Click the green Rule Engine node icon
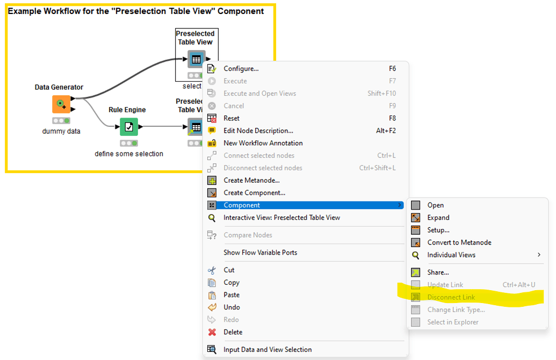coord(128,127)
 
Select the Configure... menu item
coord(241,69)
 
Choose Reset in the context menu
coord(232,118)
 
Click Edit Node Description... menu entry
coord(258,131)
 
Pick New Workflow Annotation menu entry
coord(263,143)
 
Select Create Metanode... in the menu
coord(251,181)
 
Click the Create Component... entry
coord(254,193)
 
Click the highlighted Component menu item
coord(242,205)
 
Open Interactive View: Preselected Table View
coord(281,218)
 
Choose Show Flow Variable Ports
coord(260,253)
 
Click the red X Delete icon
coord(212,332)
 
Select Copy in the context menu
coord(232,283)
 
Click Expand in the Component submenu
coord(438,218)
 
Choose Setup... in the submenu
coord(438,230)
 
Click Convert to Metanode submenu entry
coord(459,242)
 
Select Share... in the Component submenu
coord(438,272)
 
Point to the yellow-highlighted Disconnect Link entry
coord(451,297)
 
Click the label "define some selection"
coord(129,154)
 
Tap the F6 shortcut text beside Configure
coord(392,69)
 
